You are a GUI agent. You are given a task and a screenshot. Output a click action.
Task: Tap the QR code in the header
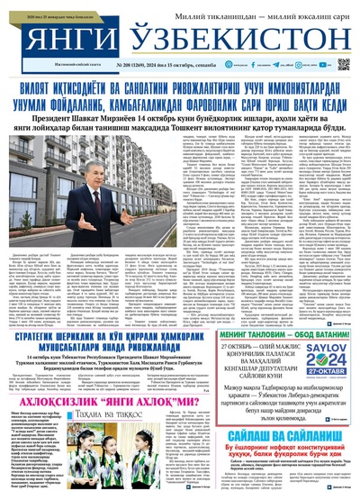coord(343,65)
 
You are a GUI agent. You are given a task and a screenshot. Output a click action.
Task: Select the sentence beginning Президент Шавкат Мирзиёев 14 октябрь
coord(180,117)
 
